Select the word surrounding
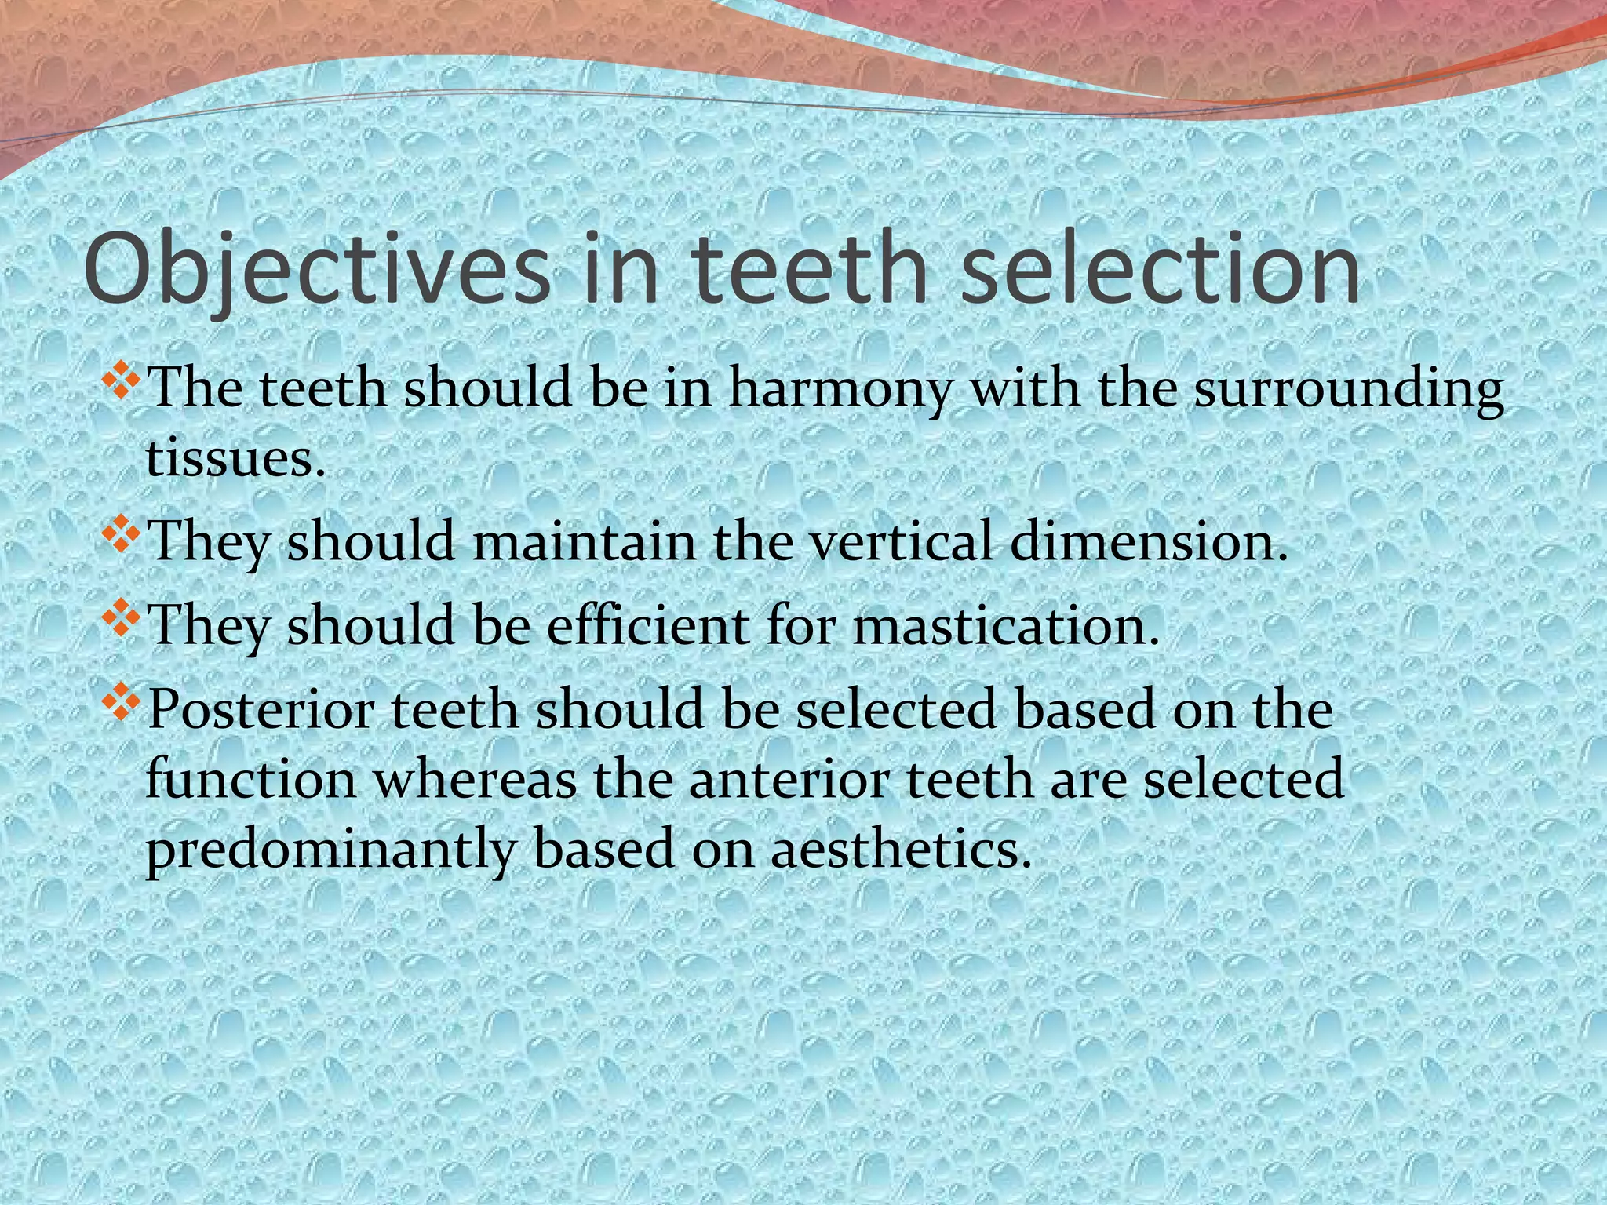tap(1349, 390)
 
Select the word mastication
tap(1005, 625)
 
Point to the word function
tap(251, 781)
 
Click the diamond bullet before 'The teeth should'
tap(122, 384)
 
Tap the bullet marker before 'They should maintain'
tap(122, 537)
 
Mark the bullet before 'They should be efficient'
tap(122, 620)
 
